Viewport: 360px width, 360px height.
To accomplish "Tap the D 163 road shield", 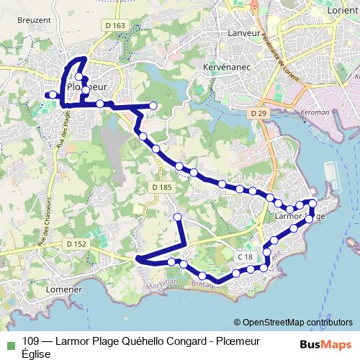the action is coord(116,26).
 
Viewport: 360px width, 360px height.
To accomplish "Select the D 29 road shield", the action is coord(258,114).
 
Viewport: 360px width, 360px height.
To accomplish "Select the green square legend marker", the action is coord(9,343).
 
